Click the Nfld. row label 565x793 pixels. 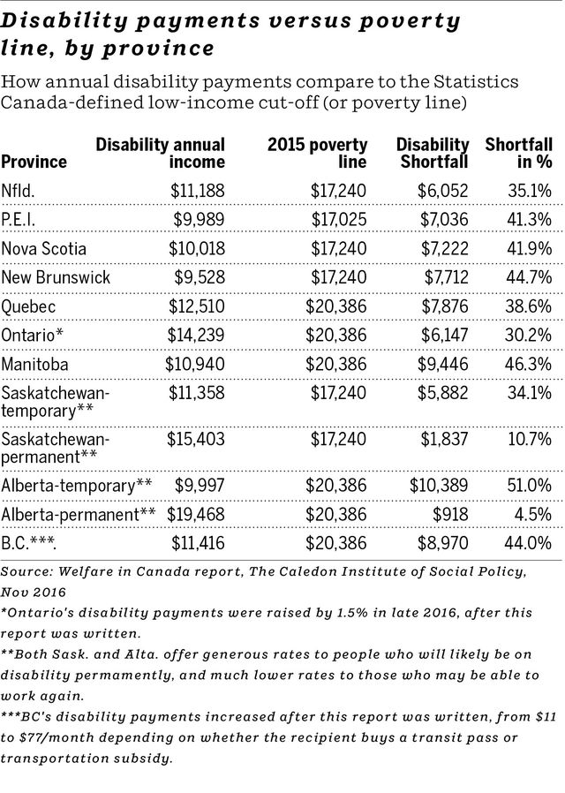(21, 190)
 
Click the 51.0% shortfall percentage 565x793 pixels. (529, 485)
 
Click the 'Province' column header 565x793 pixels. (34, 162)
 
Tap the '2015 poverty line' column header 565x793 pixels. (317, 153)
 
